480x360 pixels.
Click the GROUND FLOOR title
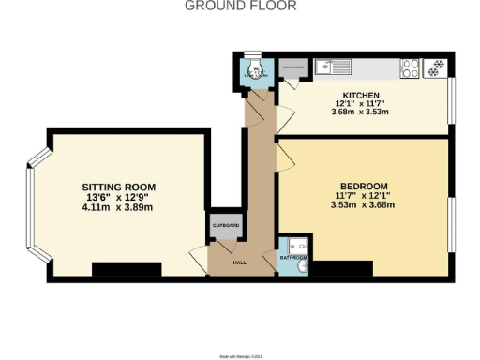(240, 6)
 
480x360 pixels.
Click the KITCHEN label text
(361, 96)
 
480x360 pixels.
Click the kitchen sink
(333, 67)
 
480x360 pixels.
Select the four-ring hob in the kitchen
(411, 67)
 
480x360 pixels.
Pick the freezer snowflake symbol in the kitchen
(435, 67)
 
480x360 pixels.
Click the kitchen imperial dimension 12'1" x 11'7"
(361, 104)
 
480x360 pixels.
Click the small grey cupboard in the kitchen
(292, 67)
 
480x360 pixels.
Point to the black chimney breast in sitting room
(127, 270)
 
